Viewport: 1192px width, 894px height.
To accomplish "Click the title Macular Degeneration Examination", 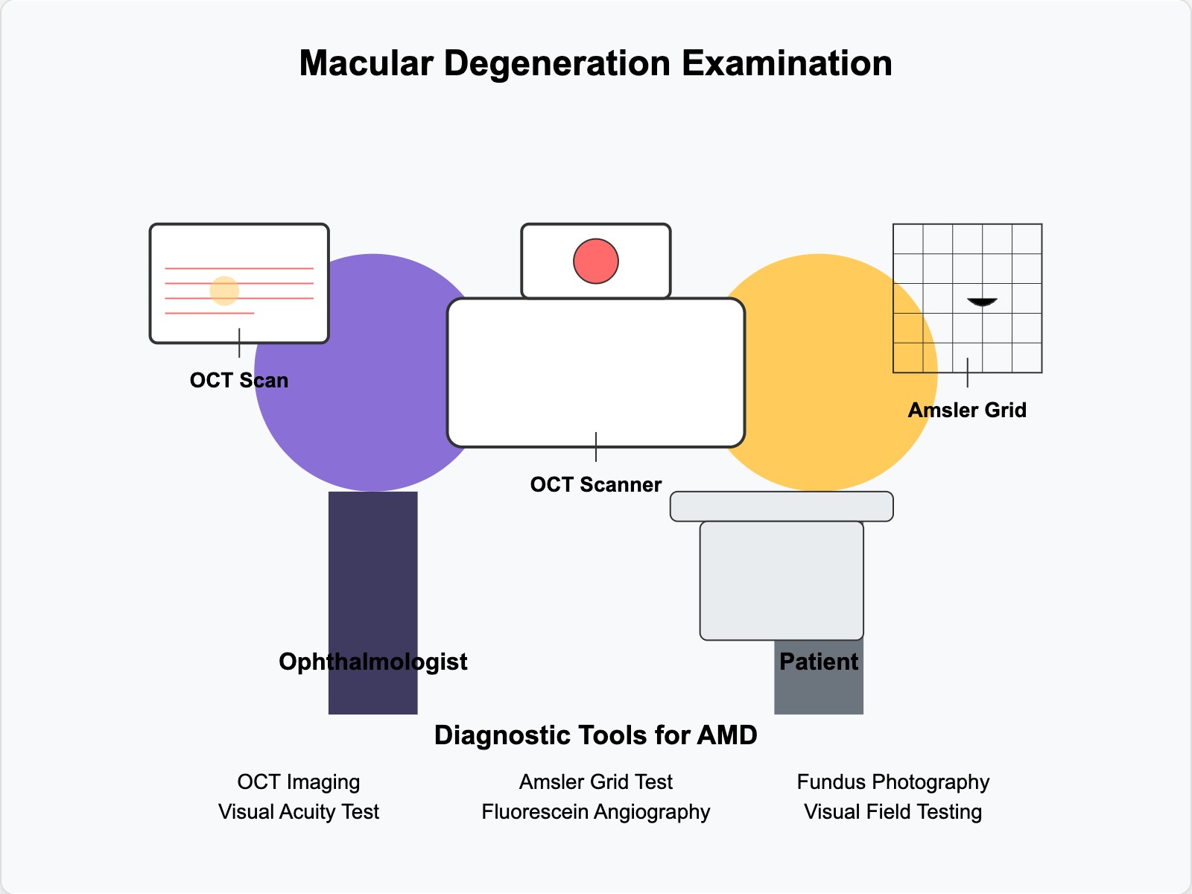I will click(595, 63).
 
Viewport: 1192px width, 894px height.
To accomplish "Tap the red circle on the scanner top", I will click(596, 261).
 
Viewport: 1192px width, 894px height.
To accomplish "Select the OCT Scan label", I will click(239, 380).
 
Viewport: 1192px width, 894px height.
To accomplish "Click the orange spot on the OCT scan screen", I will click(224, 291).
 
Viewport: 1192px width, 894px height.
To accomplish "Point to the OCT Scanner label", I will click(595, 484).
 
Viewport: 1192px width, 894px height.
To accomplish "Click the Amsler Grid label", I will click(967, 410).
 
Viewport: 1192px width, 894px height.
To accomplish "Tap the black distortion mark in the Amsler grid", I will click(982, 302).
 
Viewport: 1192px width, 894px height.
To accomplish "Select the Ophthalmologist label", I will click(372, 662).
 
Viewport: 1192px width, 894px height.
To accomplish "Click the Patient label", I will click(819, 662).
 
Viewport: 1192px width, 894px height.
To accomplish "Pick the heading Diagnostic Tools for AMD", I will click(595, 735).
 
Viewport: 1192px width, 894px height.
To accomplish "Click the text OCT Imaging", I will click(298, 782).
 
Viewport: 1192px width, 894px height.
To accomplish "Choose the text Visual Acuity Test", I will click(298, 811).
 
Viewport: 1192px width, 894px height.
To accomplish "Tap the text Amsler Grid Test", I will click(595, 782).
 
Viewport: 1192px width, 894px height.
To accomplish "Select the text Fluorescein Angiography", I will click(595, 811).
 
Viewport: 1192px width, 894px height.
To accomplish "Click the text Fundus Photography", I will click(893, 782).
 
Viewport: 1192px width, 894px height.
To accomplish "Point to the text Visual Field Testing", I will click(893, 811).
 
